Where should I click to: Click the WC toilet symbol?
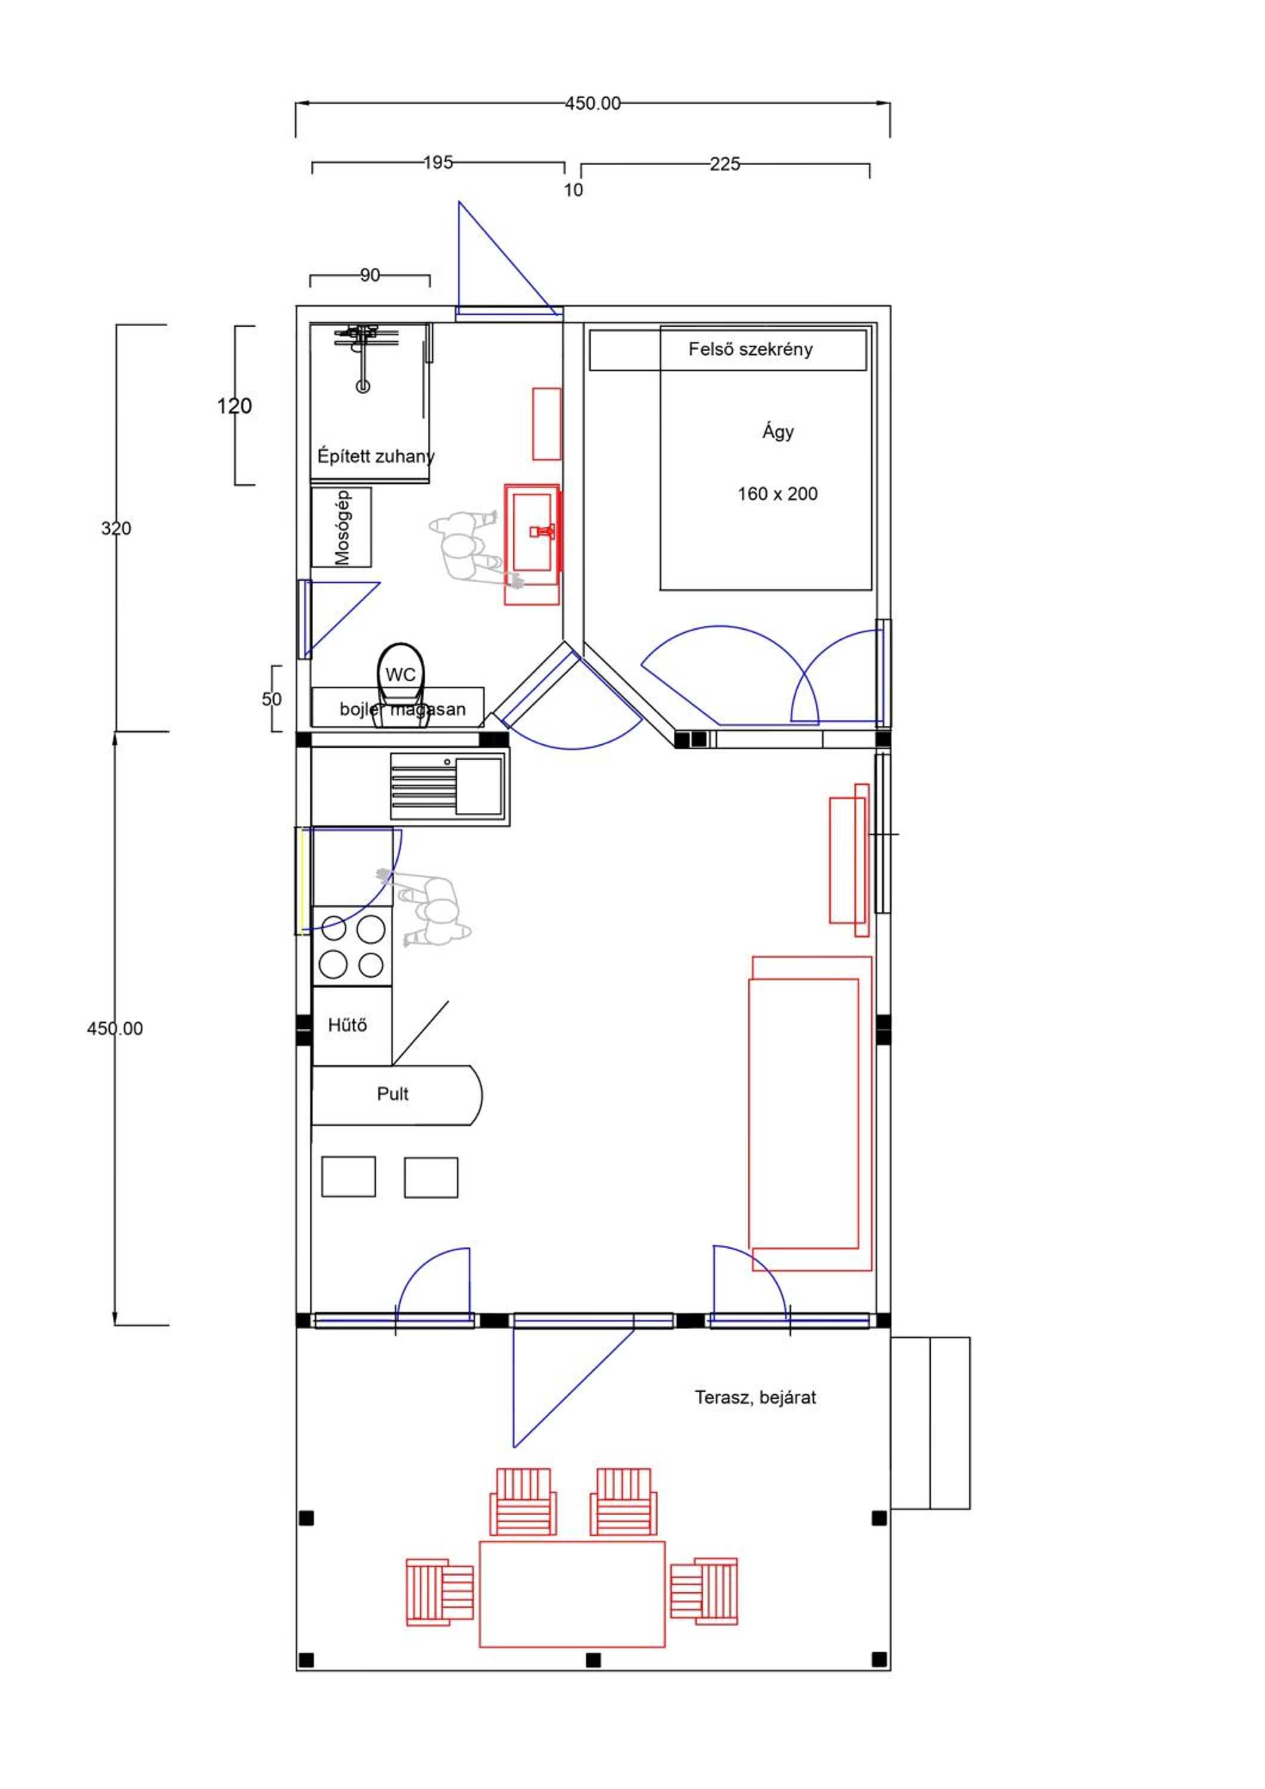(400, 684)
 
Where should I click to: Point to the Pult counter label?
(393, 1094)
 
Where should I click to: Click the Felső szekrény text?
(750, 349)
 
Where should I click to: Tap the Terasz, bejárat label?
(755, 1397)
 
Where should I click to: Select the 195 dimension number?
(438, 162)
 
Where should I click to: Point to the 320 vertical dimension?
(116, 528)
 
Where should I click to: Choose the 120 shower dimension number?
(234, 406)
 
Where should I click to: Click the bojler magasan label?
(402, 709)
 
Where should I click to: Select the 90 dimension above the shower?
(370, 275)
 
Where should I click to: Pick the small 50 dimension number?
(271, 699)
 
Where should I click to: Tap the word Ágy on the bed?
(778, 432)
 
